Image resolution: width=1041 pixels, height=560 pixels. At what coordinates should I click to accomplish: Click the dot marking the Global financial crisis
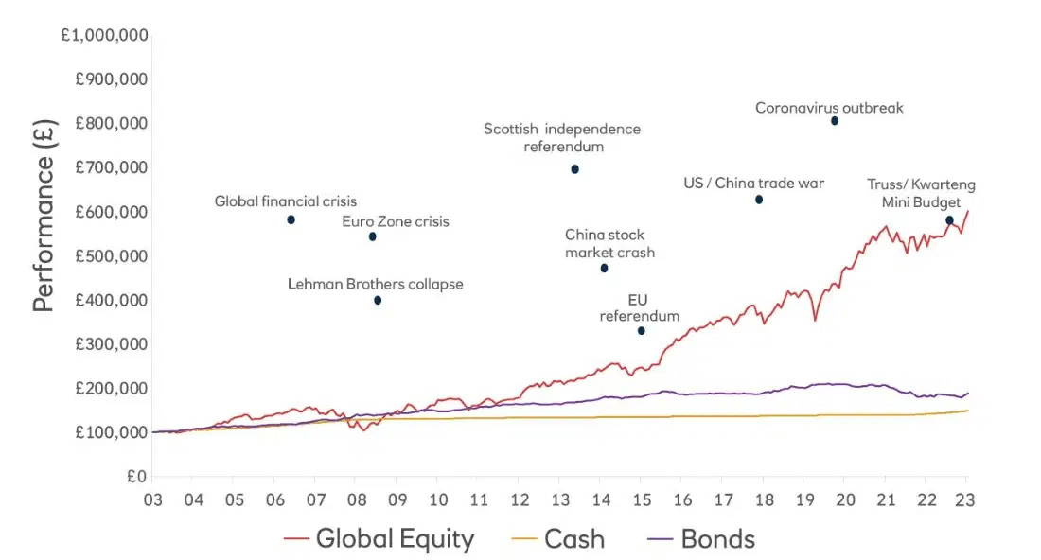[x=291, y=219]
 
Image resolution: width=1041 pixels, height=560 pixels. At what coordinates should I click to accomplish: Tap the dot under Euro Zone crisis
[x=373, y=236]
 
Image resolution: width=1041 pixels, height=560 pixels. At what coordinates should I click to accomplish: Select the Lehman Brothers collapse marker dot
[x=378, y=300]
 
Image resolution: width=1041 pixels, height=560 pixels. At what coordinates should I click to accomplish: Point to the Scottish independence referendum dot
[x=574, y=169]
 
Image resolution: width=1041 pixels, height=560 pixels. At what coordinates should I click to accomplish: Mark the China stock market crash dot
[x=604, y=269]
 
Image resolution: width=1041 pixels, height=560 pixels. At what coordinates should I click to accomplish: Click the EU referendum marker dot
[x=641, y=330]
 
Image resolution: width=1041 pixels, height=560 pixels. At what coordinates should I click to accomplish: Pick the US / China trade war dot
[x=758, y=200]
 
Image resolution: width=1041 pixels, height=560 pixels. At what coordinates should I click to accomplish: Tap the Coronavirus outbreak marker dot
[x=835, y=121]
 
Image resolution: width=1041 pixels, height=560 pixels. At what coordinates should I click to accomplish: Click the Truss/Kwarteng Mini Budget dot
[x=949, y=220]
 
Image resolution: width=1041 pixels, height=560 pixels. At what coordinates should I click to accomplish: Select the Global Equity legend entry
[x=379, y=539]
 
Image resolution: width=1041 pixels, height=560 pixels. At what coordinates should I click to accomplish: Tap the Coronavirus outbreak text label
[x=829, y=108]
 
